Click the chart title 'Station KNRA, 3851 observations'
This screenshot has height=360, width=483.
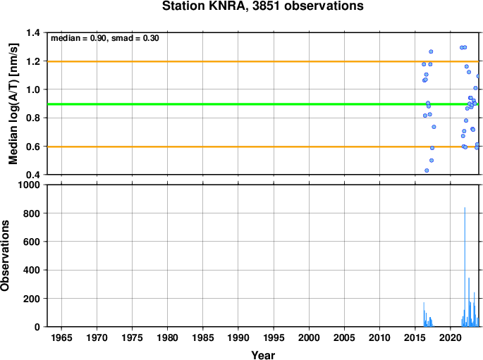263,6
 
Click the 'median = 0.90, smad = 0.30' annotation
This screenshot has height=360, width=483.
105,38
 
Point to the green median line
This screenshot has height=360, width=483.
263,104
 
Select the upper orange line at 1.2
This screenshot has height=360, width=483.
263,61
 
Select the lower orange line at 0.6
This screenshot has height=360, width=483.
263,147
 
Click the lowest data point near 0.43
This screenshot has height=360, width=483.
427,170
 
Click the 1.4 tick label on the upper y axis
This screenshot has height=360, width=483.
33,32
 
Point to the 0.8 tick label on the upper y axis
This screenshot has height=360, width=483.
33,118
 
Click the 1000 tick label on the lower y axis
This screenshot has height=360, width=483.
29,185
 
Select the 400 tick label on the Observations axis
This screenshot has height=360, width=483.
32,270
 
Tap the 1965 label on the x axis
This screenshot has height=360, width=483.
61,337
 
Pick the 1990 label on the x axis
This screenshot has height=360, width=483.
238,337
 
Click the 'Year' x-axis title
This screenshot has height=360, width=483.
263,355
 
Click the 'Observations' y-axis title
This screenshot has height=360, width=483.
5,256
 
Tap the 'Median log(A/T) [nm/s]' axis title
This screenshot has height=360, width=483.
13,104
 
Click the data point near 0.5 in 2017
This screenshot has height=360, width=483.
432,161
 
